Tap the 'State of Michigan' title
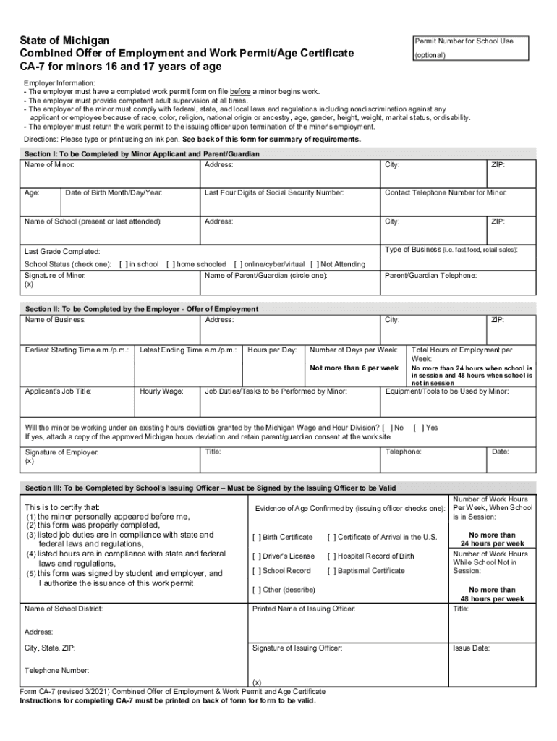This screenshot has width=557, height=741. point(64,40)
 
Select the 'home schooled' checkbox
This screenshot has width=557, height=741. point(170,264)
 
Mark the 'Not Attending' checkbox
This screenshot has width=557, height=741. point(314,264)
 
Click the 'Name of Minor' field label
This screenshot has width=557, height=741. point(49,165)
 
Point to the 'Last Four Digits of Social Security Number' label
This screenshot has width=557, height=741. point(273,193)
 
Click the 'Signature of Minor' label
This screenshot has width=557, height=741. point(55,276)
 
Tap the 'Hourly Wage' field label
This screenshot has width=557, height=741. point(161,391)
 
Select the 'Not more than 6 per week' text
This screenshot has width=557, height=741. point(354,368)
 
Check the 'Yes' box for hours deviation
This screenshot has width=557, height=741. point(417,428)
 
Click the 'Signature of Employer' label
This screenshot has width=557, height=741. point(61,452)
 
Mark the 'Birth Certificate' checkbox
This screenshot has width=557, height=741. point(256,537)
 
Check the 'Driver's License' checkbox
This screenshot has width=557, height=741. point(256,556)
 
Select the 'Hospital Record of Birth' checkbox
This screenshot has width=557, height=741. point(331,556)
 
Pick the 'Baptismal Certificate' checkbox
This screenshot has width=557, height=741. point(331,571)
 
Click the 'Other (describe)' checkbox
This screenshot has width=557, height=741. point(256,590)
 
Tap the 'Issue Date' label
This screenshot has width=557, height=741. point(472,648)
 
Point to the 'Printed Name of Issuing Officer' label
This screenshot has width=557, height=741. point(303,609)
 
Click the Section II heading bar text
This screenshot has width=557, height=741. point(141,309)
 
